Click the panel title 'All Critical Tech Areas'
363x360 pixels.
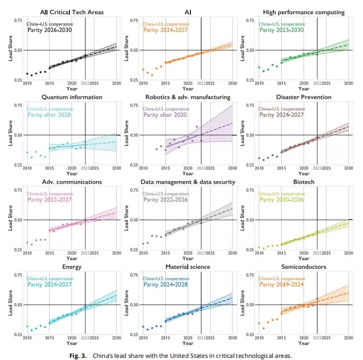click(x=72, y=12)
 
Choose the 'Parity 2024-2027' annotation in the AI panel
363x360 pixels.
click(x=166, y=30)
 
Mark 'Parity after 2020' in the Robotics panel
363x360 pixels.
click(x=166, y=114)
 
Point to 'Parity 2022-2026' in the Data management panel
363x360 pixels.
click(x=166, y=199)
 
